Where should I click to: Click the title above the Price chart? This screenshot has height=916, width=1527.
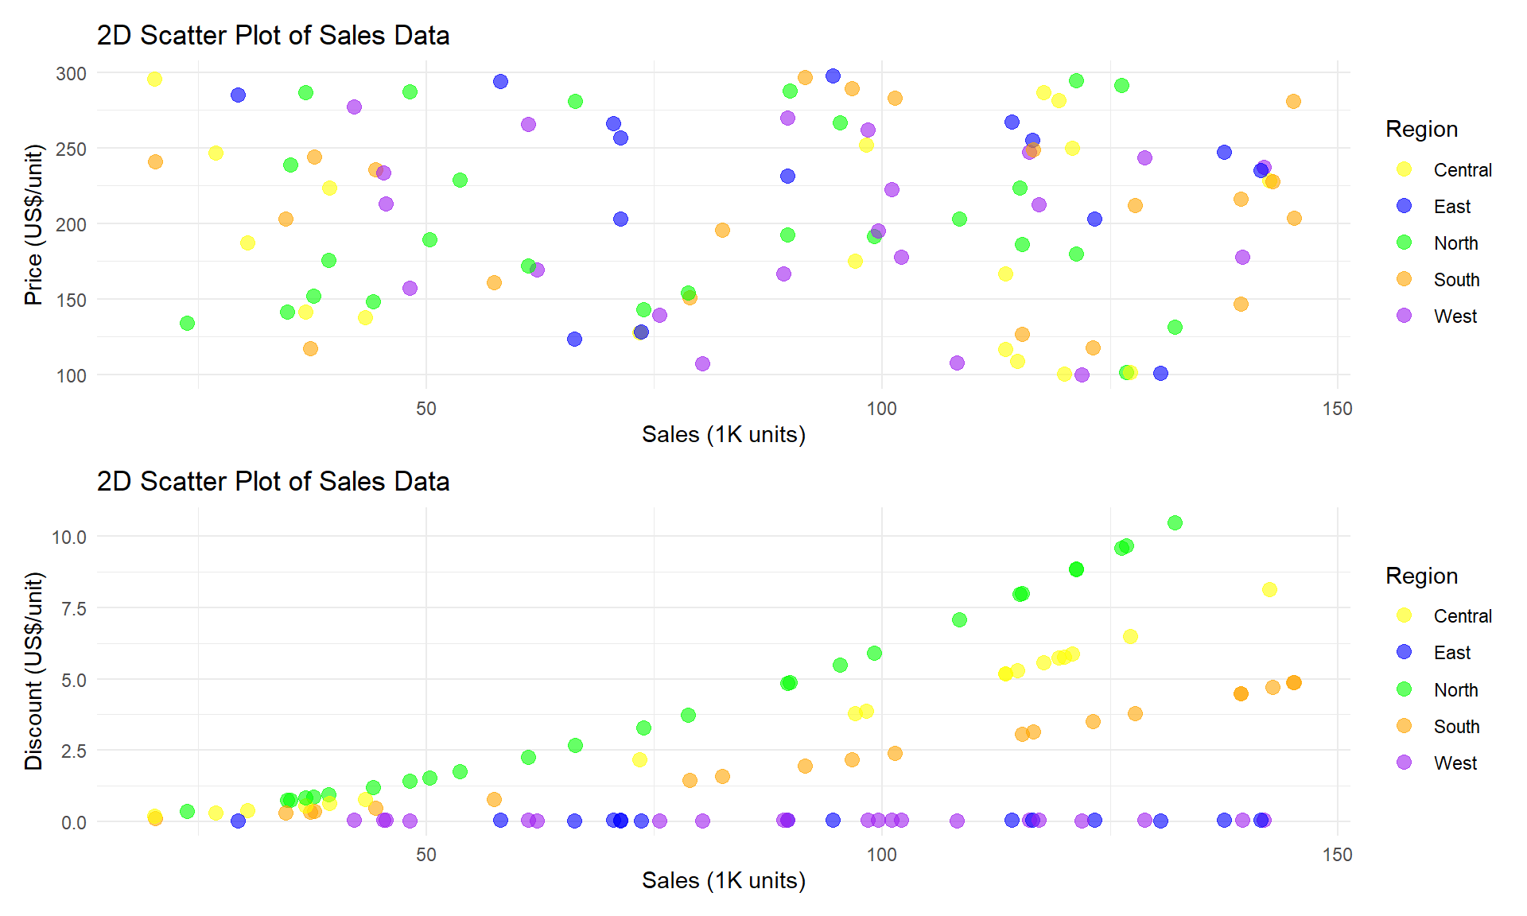[273, 36]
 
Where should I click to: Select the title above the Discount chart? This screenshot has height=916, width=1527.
[273, 482]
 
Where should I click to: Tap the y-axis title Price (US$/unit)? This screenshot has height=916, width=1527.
[33, 225]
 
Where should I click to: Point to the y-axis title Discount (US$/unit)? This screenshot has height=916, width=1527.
[33, 671]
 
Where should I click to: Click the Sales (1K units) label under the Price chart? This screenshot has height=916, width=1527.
[724, 435]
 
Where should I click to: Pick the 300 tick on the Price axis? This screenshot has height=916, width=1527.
[71, 74]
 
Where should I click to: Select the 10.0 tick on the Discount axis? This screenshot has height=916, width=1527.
[69, 538]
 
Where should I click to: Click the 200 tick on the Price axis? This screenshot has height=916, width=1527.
[71, 225]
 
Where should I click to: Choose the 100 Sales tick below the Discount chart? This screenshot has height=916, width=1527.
[881, 855]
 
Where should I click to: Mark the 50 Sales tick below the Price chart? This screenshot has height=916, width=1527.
[426, 409]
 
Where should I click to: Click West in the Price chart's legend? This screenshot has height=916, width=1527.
[1455, 316]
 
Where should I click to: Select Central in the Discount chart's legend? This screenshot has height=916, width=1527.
[1463, 616]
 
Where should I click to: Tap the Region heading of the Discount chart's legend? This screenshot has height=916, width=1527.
[1421, 576]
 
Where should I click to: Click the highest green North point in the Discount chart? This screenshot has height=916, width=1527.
[1175, 522]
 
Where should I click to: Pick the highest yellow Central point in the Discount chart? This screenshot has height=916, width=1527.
[1269, 589]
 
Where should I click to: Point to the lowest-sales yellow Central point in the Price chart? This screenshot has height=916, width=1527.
[154, 79]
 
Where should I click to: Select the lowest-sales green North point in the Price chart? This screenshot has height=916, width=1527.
[187, 323]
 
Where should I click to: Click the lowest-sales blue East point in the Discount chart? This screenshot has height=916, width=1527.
[238, 821]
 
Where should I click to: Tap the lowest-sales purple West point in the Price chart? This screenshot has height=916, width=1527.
[354, 107]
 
